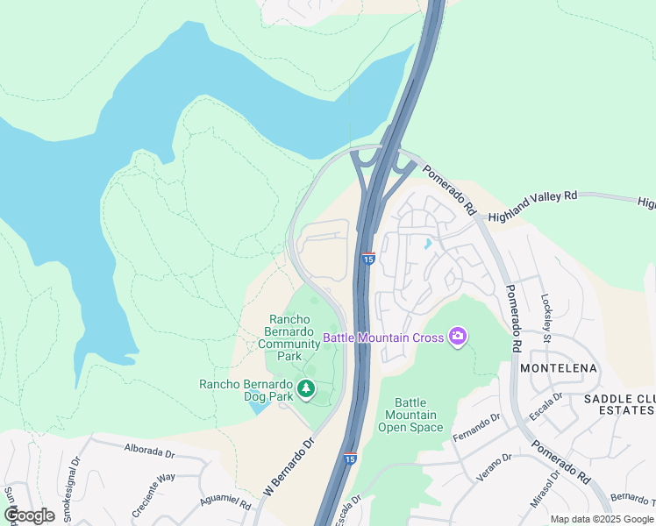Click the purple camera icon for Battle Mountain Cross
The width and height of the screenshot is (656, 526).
pyautogui.click(x=457, y=337)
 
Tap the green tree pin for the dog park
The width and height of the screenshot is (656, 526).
pyautogui.click(x=305, y=387)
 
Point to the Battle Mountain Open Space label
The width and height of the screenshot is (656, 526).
pyautogui.click(x=410, y=415)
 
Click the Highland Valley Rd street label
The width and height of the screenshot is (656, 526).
pyautogui.click(x=533, y=206)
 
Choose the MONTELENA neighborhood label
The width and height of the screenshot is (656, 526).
pyautogui.click(x=559, y=368)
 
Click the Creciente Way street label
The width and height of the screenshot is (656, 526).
pyautogui.click(x=153, y=485)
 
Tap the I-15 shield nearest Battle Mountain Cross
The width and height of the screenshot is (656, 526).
pyautogui.click(x=368, y=259)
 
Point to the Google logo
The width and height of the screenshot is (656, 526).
pyautogui.click(x=29, y=515)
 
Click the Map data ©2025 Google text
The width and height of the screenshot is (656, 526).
pyautogui.click(x=602, y=519)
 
